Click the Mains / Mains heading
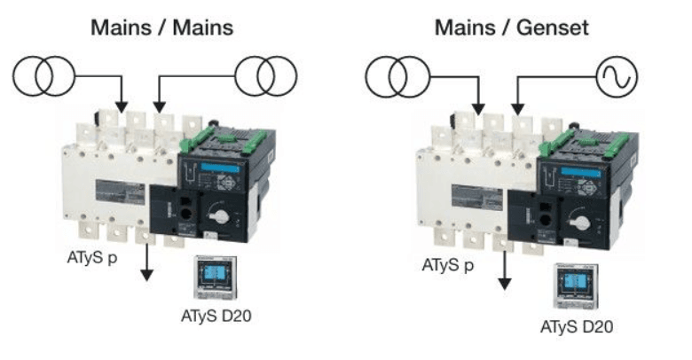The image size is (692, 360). pos(162,27)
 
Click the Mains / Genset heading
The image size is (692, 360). pos(512,27)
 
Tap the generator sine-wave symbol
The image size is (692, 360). pos(617,76)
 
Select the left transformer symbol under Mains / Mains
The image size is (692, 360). pos(43,76)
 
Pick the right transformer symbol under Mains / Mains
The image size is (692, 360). pos(266,76)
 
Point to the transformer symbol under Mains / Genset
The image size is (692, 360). pos(397,77)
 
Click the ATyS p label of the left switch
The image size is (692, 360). pos(92,258)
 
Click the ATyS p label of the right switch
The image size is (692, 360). pos(448,265)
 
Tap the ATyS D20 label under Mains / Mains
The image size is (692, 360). pos(216,316)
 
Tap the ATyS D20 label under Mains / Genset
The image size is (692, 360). pos(577,327)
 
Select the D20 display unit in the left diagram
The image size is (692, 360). pos(216,278)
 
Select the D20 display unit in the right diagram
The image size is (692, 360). pos(577,286)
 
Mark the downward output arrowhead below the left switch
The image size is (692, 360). pos(146,275)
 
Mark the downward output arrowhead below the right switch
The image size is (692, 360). pos(505,284)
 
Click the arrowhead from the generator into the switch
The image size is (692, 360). pos(518,109)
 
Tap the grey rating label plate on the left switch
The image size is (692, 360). pos(120,192)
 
